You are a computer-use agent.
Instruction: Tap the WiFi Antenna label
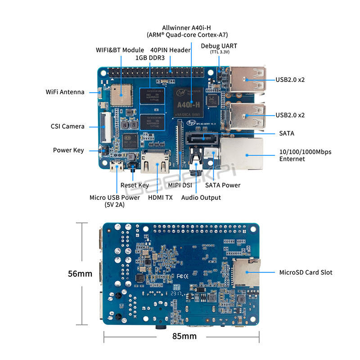[x=65, y=92]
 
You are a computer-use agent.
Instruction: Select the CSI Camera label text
[x=67, y=126]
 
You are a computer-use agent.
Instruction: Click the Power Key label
[x=68, y=150]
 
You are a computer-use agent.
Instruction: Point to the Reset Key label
[x=135, y=185]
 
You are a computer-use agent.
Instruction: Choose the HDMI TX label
[x=160, y=198]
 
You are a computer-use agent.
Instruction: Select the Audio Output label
[x=201, y=198]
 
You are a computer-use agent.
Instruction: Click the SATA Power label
[x=223, y=185]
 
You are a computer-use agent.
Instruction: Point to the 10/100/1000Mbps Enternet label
[x=305, y=155]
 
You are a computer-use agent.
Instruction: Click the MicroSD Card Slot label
[x=306, y=272]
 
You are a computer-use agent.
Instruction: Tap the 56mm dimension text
[x=80, y=274]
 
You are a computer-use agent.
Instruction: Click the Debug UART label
[x=219, y=46]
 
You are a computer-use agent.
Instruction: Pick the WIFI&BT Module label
[x=120, y=50]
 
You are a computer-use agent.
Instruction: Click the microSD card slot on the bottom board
[x=246, y=272]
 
